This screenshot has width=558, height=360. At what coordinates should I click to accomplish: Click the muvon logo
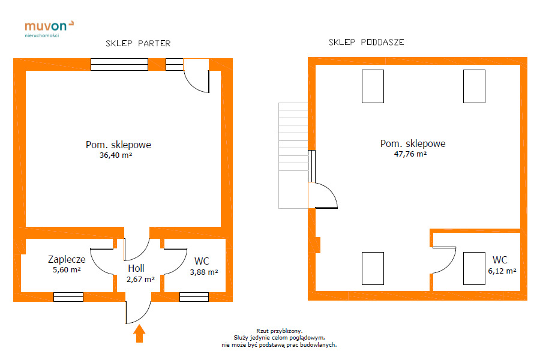click(49, 29)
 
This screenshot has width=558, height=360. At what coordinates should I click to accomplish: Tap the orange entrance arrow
click(139, 334)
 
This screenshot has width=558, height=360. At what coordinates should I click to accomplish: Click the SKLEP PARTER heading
click(138, 43)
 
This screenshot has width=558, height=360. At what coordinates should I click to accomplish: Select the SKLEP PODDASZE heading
click(366, 43)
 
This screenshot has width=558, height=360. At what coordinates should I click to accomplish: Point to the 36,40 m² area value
click(116, 155)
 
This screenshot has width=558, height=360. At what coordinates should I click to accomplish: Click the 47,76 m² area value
click(410, 154)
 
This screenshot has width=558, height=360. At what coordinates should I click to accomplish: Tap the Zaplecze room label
click(67, 259)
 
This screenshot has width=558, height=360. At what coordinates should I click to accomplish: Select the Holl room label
click(136, 268)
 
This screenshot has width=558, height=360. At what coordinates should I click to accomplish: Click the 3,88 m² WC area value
click(204, 272)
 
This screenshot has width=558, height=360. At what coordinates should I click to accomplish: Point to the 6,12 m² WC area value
click(502, 271)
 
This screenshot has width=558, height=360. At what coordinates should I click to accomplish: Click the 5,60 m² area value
click(67, 269)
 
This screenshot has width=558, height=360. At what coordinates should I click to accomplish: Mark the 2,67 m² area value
click(140, 279)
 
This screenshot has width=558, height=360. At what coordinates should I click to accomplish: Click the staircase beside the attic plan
click(293, 155)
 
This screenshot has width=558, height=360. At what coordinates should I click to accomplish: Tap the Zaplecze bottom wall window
click(68, 296)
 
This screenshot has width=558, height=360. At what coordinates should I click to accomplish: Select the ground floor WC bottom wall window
click(194, 296)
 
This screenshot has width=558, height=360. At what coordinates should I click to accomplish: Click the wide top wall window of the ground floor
click(119, 64)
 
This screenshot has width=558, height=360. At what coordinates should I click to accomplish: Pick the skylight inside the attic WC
click(474, 269)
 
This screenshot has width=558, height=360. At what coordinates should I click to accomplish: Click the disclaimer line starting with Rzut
click(280, 331)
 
